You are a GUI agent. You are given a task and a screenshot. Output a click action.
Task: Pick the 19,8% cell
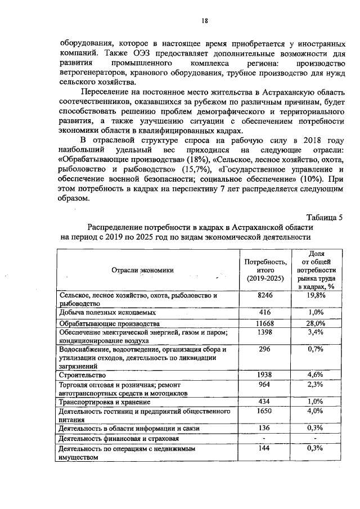click(316, 295)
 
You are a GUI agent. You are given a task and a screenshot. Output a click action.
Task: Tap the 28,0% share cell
click(316, 324)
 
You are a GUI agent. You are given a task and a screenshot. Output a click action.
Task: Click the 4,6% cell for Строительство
click(316, 375)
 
